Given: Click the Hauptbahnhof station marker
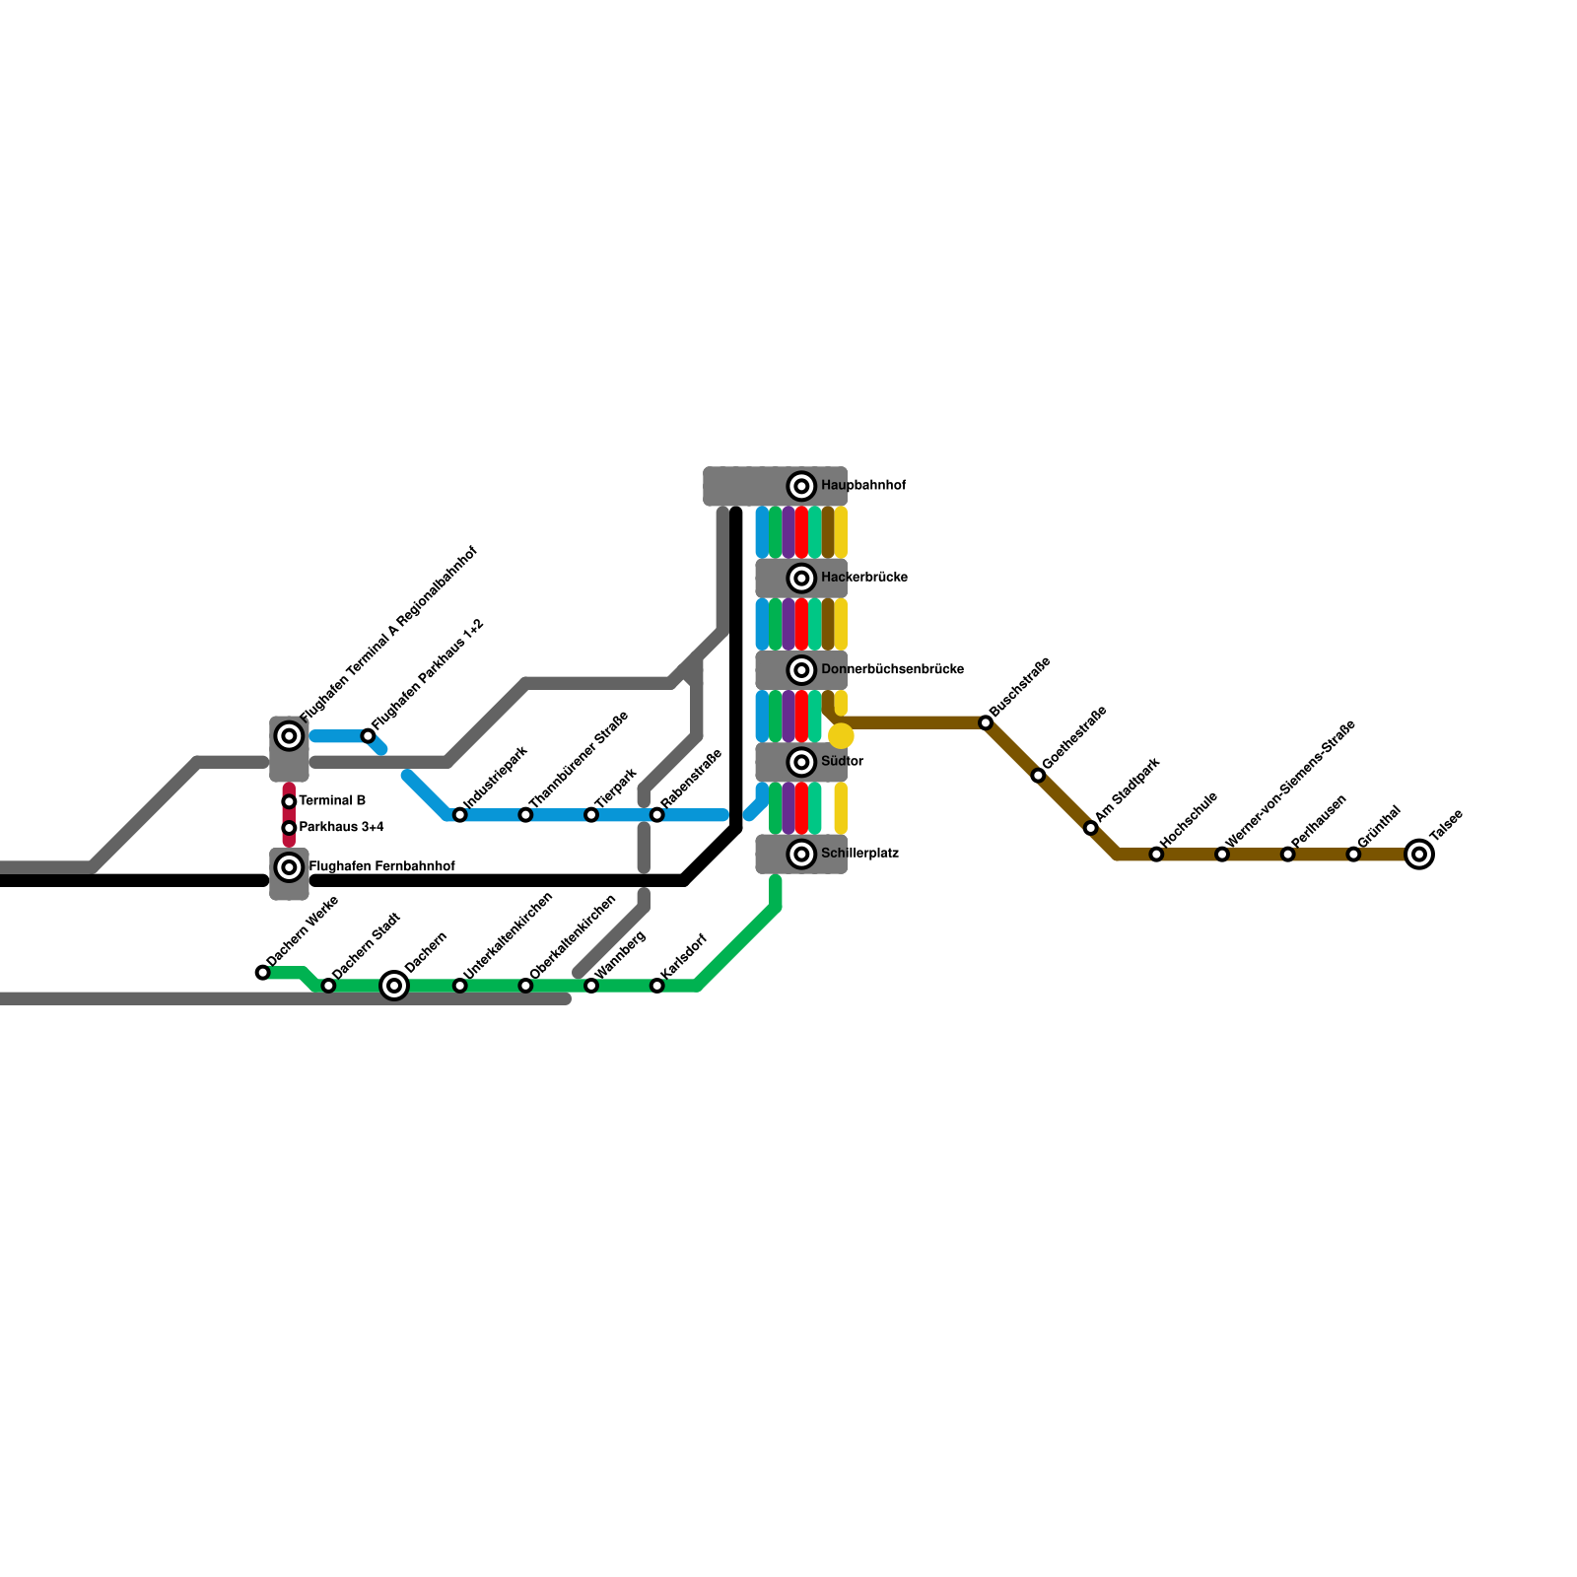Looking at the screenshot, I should tap(801, 486).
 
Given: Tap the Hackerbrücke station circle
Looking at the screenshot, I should tap(801, 578).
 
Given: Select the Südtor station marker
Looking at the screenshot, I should tap(801, 762).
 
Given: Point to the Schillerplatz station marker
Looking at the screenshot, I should tap(801, 854).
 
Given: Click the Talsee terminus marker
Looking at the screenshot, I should tap(1418, 854).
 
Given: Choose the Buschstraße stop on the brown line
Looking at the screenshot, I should tap(986, 723).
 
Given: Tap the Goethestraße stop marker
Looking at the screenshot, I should tap(1038, 776).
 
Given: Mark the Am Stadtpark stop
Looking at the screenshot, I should tap(1090, 828).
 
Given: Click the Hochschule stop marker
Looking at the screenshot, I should tap(1156, 854).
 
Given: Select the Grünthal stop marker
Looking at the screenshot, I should tap(1353, 854).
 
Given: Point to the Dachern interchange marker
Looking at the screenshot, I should tap(394, 985).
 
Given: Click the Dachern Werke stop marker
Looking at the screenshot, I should tap(263, 973).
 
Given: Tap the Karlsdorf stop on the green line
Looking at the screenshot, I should tap(656, 986).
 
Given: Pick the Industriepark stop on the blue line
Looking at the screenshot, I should tap(459, 815).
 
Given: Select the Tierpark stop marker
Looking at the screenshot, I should tap(591, 815).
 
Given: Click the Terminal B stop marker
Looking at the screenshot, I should tap(289, 801).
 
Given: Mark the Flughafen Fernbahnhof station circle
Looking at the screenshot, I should tap(289, 867).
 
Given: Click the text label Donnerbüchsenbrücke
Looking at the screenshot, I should tap(892, 670).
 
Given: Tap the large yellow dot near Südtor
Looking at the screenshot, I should tap(841, 735).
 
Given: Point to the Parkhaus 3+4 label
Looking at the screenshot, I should tap(341, 827).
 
